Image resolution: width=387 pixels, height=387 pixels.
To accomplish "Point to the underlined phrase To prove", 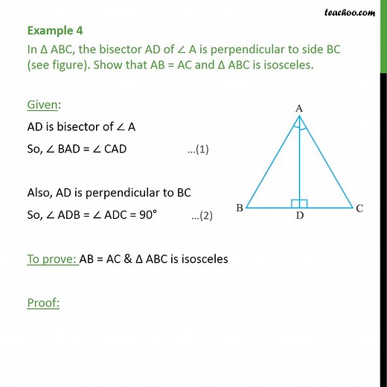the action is [x=52, y=259].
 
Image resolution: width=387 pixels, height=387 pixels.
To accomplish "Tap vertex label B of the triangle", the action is [x=240, y=209].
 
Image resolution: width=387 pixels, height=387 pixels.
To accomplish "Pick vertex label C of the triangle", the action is [x=359, y=209].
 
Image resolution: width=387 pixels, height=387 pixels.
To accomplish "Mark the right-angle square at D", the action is [x=299, y=202].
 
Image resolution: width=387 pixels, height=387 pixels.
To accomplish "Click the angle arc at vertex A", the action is [x=298, y=127].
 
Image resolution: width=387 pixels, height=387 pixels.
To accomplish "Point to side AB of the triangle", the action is [x=272, y=161].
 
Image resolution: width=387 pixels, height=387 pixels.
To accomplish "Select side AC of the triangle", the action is [x=326, y=161].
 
